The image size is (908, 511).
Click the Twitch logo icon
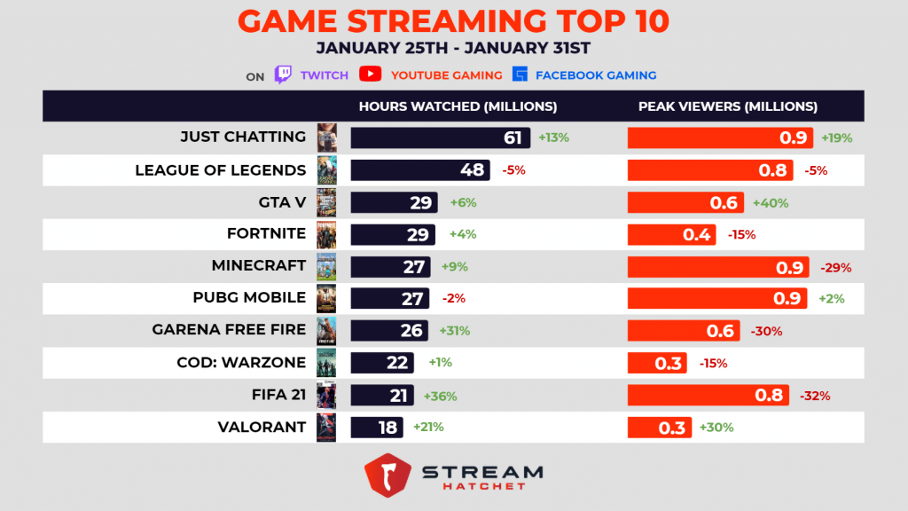pos(283,75)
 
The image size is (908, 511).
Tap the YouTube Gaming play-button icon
pos(371,75)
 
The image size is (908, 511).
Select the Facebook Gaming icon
pos(520,75)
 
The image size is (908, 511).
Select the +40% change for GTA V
pos(770,202)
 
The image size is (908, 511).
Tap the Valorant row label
pos(262,428)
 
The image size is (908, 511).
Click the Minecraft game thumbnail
pos(326,265)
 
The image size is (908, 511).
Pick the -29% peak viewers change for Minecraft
pos(833,267)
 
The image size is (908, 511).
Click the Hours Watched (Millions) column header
pos(458,106)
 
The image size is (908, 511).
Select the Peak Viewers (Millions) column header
pos(727,106)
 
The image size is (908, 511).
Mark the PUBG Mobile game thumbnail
pos(326,298)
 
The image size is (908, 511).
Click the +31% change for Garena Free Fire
pos(455,331)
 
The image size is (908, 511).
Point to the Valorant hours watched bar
pos(377,428)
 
